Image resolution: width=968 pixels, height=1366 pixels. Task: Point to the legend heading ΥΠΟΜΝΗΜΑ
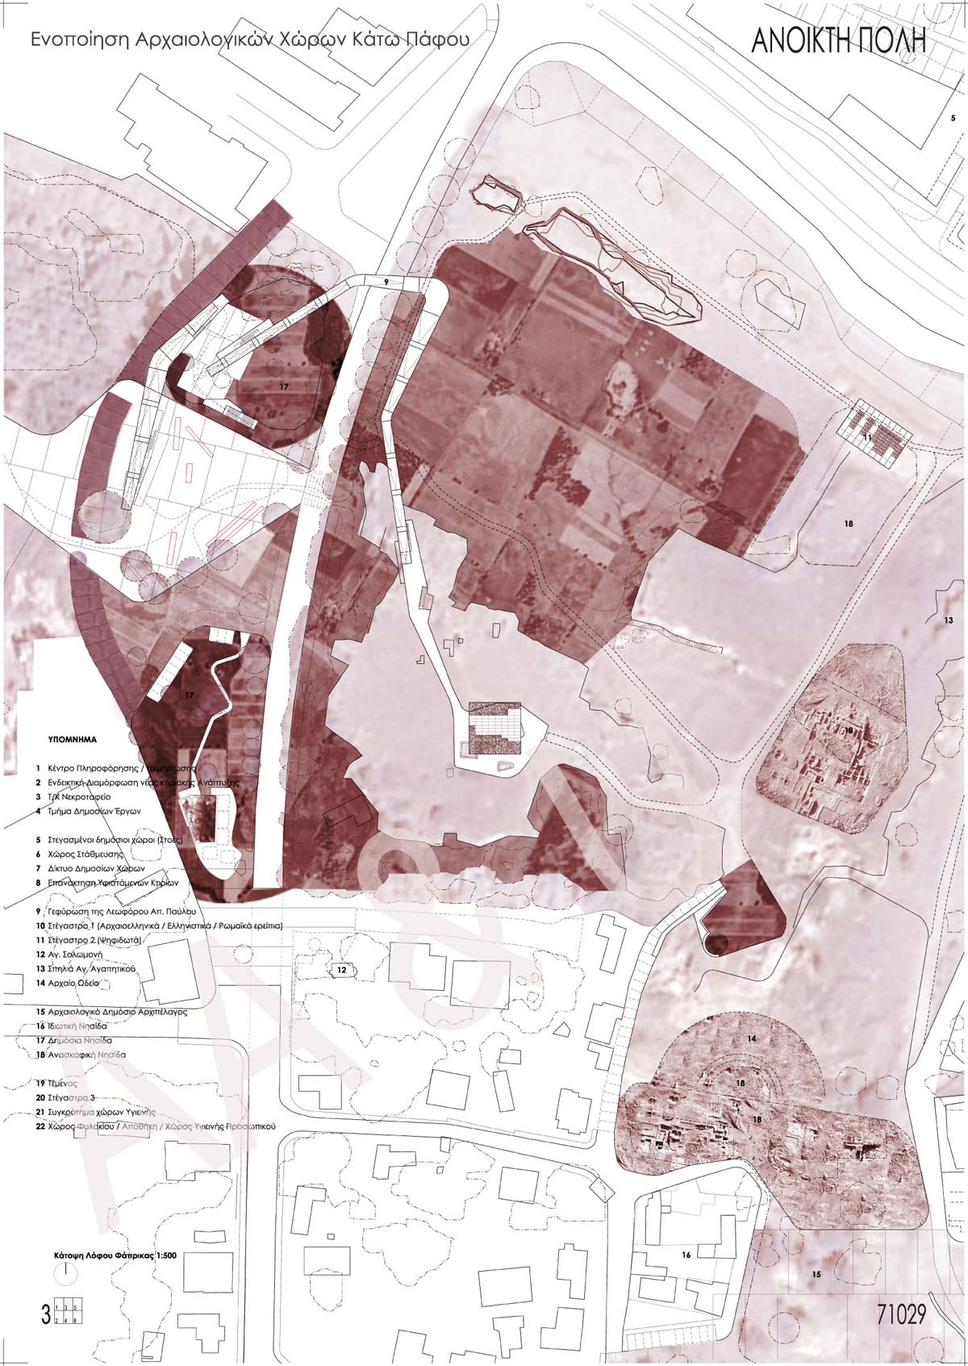72,738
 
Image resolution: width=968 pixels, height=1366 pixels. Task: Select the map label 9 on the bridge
386,282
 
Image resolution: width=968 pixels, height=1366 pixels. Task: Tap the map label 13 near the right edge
948,620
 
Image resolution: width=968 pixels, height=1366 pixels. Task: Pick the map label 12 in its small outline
342,969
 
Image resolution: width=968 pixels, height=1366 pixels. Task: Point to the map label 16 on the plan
686,1277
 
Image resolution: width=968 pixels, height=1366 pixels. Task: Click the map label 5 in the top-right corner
953,119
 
